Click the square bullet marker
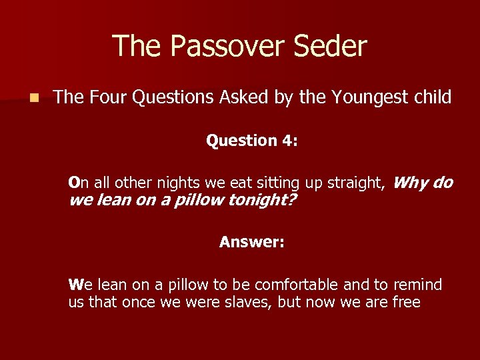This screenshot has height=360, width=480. point(33,98)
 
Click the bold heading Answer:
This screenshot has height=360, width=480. point(252,242)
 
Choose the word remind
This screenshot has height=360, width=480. point(417,285)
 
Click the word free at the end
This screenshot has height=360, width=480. point(407,302)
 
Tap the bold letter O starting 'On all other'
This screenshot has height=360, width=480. point(74,183)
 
